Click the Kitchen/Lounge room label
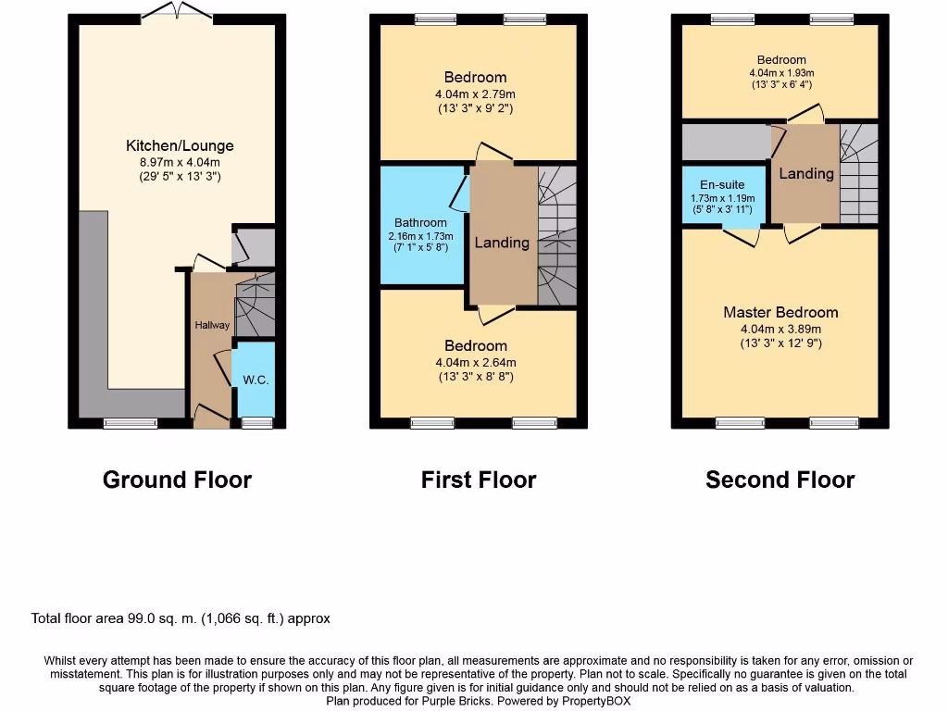(180, 145)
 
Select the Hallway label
(211, 325)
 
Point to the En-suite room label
(722, 185)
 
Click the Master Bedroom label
(780, 313)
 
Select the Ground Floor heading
(177, 480)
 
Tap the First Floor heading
(478, 480)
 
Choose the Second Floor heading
(780, 480)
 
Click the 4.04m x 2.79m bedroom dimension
(475, 94)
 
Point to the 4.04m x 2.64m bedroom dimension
(475, 362)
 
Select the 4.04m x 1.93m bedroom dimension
(780, 73)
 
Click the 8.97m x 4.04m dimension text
(180, 162)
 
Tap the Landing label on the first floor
(502, 243)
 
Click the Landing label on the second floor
(805, 173)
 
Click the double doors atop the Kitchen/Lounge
(177, 11)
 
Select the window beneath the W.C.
(256, 423)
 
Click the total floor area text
(181, 618)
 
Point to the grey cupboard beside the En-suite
(726, 143)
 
